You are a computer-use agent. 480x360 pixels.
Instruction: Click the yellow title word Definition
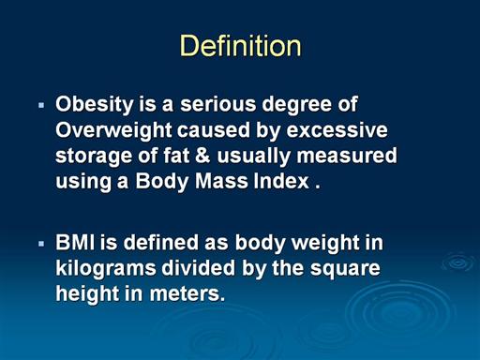(240, 46)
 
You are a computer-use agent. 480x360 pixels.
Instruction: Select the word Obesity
(95, 105)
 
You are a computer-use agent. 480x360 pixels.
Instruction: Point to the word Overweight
(113, 130)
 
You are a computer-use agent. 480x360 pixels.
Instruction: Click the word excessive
(337, 130)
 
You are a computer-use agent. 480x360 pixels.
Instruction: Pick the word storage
(94, 157)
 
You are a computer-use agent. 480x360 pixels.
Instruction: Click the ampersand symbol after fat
(202, 156)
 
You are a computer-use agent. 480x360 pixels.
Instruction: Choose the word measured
(347, 156)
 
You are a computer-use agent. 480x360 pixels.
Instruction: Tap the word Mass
(221, 181)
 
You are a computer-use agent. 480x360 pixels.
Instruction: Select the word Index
(281, 181)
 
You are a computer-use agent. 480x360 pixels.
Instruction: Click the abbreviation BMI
(75, 242)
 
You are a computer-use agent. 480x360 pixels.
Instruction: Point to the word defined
(160, 242)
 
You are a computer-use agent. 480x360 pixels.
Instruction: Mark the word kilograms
(106, 269)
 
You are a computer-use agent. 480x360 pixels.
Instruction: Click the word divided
(198, 268)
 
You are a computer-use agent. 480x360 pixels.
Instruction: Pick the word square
(345, 269)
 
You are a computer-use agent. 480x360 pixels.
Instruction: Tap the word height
(87, 294)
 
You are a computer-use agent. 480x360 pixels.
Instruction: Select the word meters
(187, 293)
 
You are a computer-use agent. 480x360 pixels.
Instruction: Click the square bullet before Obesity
(41, 105)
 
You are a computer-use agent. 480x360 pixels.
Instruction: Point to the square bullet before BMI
(41, 244)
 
